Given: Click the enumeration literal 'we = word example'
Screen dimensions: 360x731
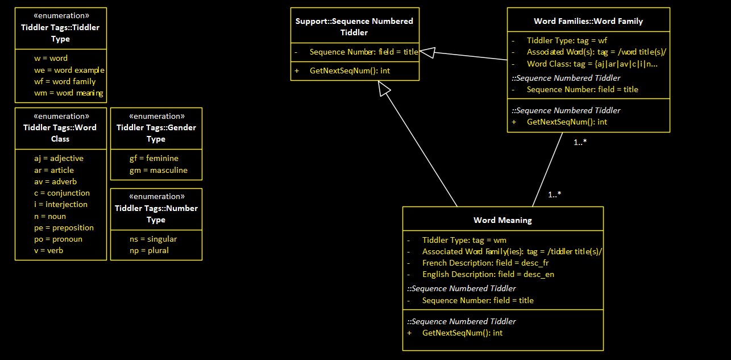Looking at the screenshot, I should pyautogui.click(x=69, y=70).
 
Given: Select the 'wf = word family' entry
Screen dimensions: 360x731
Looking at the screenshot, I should pyautogui.click(x=65, y=81).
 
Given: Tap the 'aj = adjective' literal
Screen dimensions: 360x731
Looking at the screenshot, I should pyautogui.click(x=59, y=158).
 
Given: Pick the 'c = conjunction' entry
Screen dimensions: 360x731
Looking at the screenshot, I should pyautogui.click(x=61, y=193).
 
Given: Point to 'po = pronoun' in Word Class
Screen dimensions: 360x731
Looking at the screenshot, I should pyautogui.click(x=58, y=239).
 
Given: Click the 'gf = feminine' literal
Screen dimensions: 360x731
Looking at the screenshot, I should pyautogui.click(x=153, y=158).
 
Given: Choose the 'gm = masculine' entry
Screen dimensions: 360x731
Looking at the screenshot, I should pyautogui.click(x=158, y=170).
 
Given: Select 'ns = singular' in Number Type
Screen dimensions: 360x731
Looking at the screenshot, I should pyautogui.click(x=153, y=239).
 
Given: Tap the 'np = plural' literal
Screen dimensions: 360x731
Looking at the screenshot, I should pyautogui.click(x=149, y=250).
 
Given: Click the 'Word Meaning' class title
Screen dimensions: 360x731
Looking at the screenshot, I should pyautogui.click(x=502, y=220).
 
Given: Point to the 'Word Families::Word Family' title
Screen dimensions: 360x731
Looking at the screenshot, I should pyautogui.click(x=588, y=21).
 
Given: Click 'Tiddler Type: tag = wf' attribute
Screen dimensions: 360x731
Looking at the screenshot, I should pyautogui.click(x=567, y=40).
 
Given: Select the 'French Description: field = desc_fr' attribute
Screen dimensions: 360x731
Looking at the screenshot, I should pyautogui.click(x=485, y=263).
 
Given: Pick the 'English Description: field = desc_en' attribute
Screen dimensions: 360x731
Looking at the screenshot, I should pyautogui.click(x=488, y=274).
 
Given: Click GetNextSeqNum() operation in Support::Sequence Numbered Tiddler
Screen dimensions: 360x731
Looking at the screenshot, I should pyautogui.click(x=350, y=71).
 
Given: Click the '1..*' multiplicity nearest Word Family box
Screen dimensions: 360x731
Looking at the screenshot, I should pyautogui.click(x=580, y=142).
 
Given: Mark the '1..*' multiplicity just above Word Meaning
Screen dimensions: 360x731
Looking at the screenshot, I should pyautogui.click(x=555, y=195).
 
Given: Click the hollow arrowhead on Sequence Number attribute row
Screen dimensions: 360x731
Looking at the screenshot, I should pyautogui.click(x=427, y=52).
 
